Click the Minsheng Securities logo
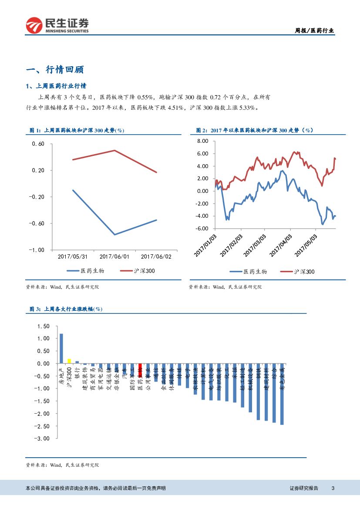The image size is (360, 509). [x=57, y=25]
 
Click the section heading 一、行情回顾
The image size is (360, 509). [x=55, y=70]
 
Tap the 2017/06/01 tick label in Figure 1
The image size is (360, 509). [x=114, y=257]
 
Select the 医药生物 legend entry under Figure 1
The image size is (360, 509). [x=85, y=271]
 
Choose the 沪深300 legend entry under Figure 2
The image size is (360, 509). [x=297, y=271]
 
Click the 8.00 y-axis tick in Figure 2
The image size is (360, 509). [x=203, y=141]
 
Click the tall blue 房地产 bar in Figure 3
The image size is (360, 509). [x=61, y=348]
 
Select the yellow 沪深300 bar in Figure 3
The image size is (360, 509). [x=69, y=361]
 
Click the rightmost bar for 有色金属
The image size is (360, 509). [x=282, y=394]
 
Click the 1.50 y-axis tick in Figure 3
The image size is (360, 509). [x=44, y=326]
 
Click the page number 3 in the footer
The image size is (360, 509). [x=333, y=488]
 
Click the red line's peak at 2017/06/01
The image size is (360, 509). [x=114, y=151]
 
